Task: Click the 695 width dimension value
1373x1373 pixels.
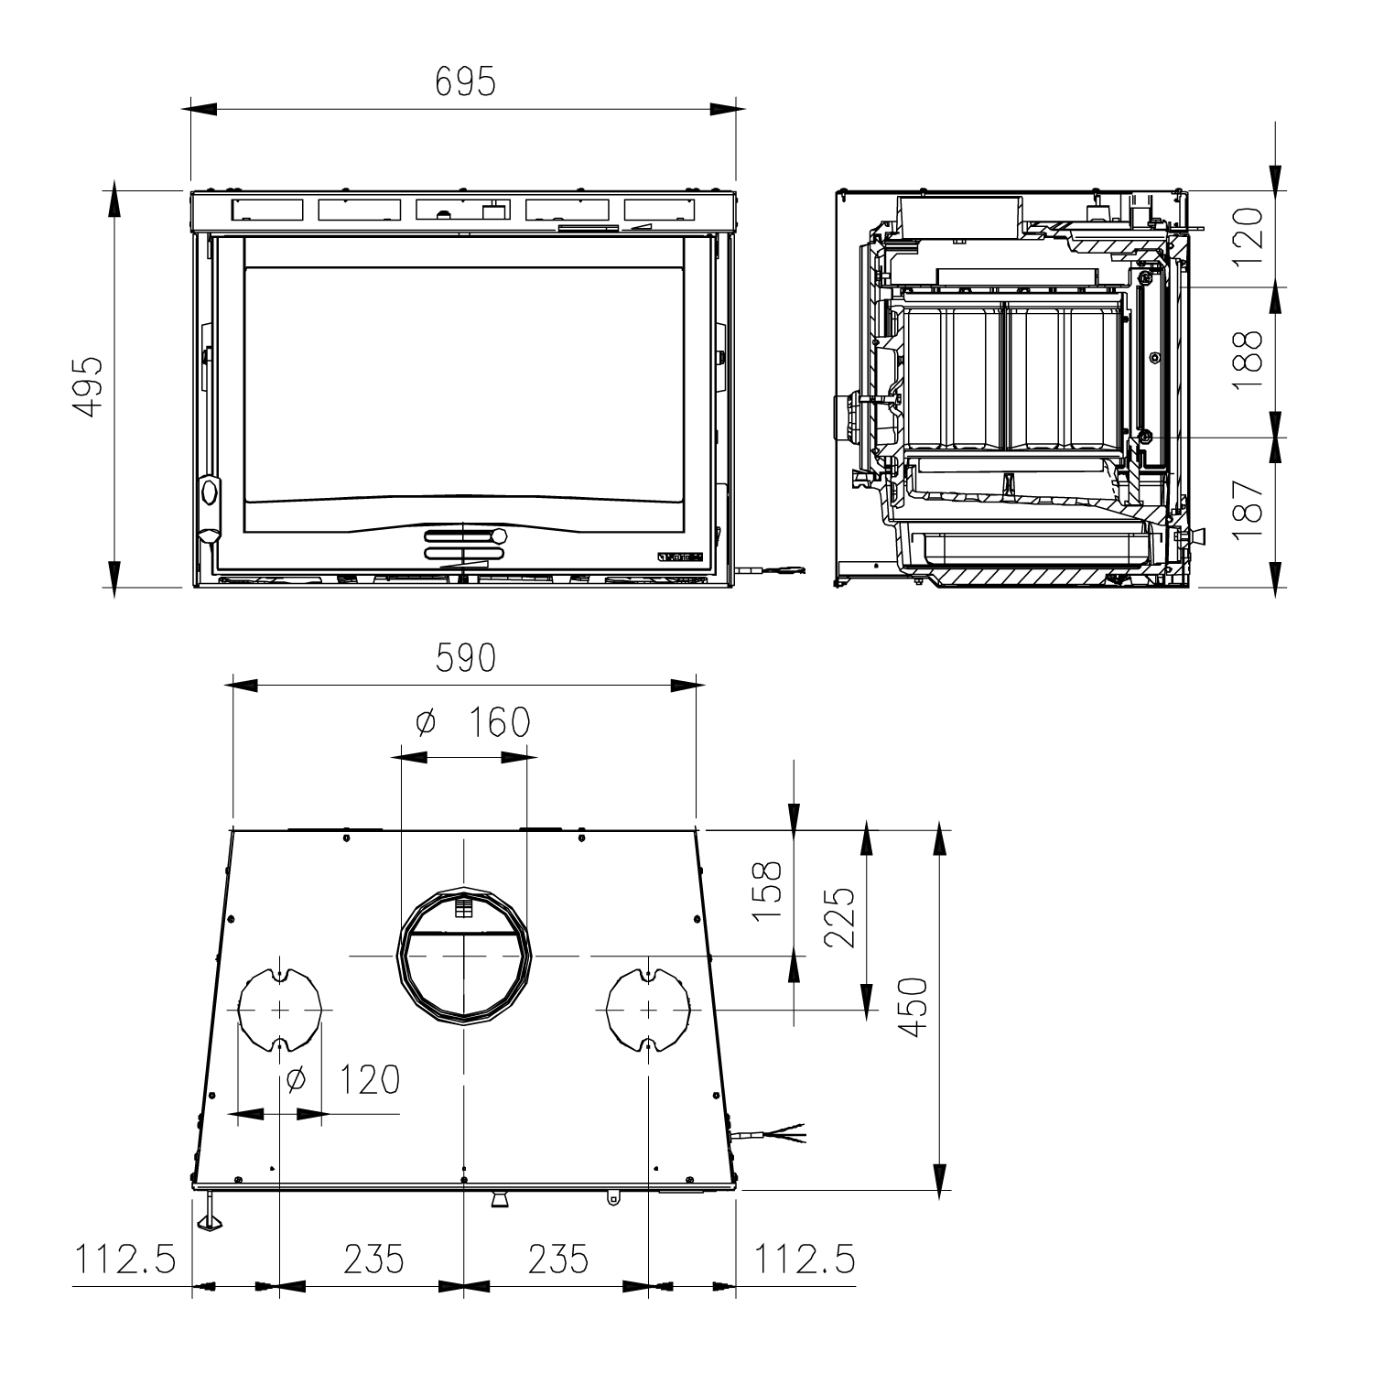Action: coord(465,82)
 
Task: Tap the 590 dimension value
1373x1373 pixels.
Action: coord(465,658)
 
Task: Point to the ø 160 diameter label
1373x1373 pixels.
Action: coord(472,723)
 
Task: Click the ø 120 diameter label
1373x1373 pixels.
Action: coord(342,1080)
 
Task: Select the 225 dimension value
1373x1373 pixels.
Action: coord(839,919)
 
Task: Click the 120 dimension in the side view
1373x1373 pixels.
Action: coord(1249,236)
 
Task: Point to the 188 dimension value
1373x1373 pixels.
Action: coord(1249,362)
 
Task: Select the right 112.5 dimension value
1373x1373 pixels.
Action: coord(805,1259)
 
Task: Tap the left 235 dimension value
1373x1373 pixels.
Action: coord(373,1259)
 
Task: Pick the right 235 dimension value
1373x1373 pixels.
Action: coord(557,1259)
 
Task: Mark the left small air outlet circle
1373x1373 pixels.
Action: coord(279,1009)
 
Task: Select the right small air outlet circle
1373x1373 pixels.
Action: coord(648,1009)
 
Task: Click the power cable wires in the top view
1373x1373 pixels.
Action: coord(783,1134)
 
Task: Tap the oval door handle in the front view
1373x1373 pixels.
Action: coord(210,492)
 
